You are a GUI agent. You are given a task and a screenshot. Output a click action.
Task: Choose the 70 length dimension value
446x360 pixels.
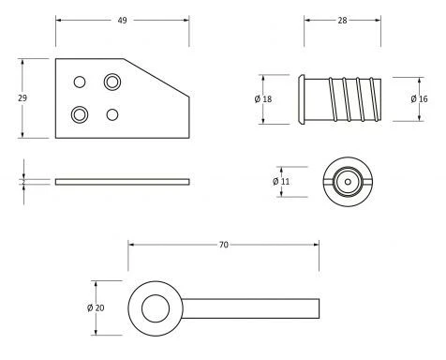[223, 245]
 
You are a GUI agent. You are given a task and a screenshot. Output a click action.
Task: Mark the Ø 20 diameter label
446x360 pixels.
[97, 307]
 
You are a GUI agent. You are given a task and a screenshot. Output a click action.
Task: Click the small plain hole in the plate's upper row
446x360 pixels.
[80, 82]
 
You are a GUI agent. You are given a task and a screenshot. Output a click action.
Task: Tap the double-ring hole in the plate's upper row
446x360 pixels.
[113, 82]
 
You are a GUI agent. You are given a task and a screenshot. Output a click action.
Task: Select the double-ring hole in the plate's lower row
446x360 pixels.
[80, 114]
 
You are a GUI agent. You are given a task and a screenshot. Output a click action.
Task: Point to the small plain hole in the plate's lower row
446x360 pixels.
[113, 114]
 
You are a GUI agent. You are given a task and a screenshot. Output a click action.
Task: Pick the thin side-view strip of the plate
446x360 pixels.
[122, 180]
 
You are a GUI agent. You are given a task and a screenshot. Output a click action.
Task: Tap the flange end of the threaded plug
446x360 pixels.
[302, 98]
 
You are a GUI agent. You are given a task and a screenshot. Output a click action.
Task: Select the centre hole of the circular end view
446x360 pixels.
[347, 180]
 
